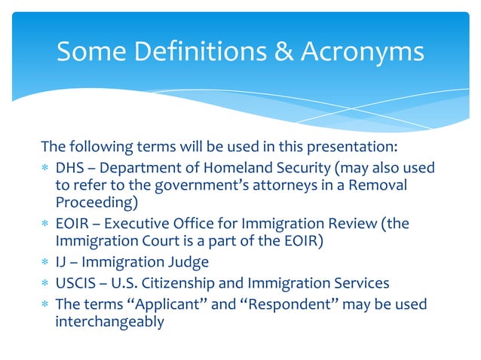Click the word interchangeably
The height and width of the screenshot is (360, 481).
pos(109,321)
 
